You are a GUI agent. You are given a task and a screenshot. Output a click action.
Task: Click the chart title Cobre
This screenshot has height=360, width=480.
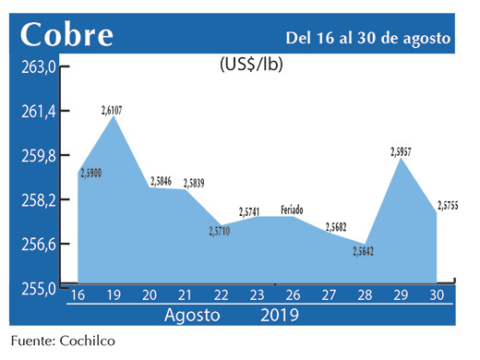(x=67, y=34)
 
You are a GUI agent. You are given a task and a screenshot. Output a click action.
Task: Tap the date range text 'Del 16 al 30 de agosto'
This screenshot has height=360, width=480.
(x=367, y=38)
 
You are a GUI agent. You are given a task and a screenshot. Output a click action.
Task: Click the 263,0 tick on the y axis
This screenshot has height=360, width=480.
(x=40, y=67)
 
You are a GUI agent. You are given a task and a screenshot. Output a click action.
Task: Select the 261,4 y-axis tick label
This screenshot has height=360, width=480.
(x=40, y=111)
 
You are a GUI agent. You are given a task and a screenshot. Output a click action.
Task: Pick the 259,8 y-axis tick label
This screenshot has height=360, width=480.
(x=40, y=155)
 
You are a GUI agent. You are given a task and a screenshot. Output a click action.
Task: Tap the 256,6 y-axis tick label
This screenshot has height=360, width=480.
(x=40, y=244)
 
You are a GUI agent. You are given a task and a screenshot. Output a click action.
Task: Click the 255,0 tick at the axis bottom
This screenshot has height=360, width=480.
(x=40, y=287)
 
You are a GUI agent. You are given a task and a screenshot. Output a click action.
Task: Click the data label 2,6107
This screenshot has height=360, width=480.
(x=113, y=111)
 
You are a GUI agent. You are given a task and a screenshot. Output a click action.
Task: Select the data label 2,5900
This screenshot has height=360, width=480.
(x=92, y=173)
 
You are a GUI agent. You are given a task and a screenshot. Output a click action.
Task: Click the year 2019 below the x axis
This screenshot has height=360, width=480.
(x=277, y=315)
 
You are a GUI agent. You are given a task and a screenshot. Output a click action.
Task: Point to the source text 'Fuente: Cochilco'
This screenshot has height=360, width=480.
(x=65, y=342)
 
